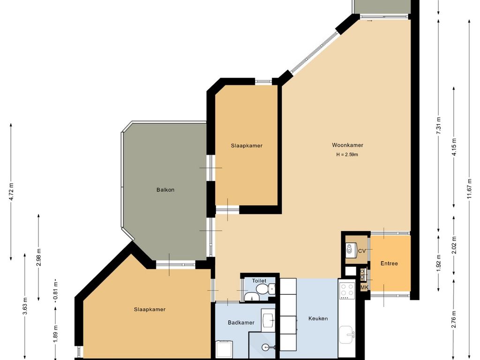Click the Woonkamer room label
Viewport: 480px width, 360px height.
[347, 145]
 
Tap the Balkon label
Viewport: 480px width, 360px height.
[165, 190]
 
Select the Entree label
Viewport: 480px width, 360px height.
[389, 263]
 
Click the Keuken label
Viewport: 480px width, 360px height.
[318, 318]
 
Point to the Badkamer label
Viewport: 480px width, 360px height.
[241, 322]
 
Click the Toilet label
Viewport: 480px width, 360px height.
[259, 281]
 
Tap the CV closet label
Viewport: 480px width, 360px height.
[362, 251]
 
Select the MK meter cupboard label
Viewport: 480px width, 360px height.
[364, 287]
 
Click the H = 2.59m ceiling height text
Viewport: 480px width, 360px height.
[347, 155]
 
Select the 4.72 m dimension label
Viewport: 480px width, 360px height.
[11, 192]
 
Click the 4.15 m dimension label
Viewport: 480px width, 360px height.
[454, 147]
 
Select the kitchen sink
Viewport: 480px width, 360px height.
[347, 335]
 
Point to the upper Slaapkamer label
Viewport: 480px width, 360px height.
[247, 146]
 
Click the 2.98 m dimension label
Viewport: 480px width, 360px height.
[38, 257]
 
